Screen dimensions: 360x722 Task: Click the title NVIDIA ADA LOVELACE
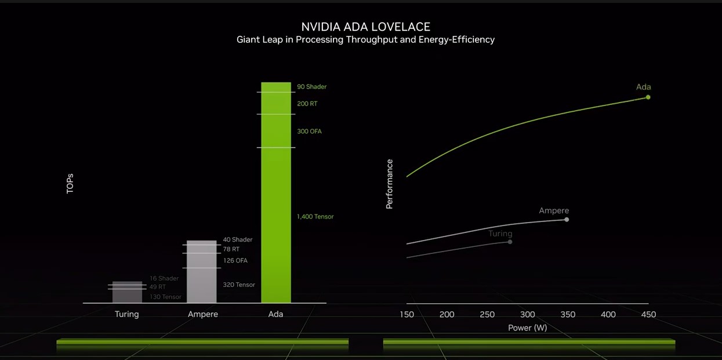pyautogui.click(x=365, y=27)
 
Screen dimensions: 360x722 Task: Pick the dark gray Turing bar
pyautogui.click(x=127, y=292)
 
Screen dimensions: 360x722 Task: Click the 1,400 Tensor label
pyautogui.click(x=315, y=217)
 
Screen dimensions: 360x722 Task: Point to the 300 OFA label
pyautogui.click(x=309, y=132)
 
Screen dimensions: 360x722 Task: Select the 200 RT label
pyautogui.click(x=307, y=104)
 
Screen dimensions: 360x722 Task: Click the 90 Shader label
pyautogui.click(x=311, y=87)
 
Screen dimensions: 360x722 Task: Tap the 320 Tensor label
pyautogui.click(x=239, y=285)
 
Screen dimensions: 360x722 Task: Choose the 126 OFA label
pyautogui.click(x=235, y=261)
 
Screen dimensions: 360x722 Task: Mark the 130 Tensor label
pyautogui.click(x=165, y=297)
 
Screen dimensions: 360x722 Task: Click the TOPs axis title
pyautogui.click(x=70, y=183)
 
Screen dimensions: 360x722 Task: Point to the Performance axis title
pyautogui.click(x=390, y=184)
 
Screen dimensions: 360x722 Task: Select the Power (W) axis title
pyautogui.click(x=527, y=328)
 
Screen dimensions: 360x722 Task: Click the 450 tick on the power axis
pyautogui.click(x=648, y=315)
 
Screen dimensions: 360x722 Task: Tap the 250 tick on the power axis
pyautogui.click(x=487, y=315)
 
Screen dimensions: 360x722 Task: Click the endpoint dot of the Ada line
pyautogui.click(x=648, y=97)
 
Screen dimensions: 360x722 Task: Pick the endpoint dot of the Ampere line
pyautogui.click(x=567, y=220)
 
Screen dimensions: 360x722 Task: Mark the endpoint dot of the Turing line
pyautogui.click(x=510, y=242)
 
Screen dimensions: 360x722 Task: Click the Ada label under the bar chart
pyautogui.click(x=275, y=314)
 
